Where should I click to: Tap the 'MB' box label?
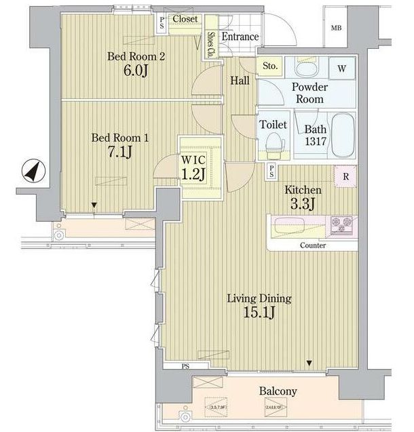click(x=335, y=28)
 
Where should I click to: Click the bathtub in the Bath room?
click(x=338, y=134)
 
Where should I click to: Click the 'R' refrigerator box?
click(x=346, y=177)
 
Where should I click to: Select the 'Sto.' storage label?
click(x=269, y=66)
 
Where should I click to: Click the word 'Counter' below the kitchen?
click(x=312, y=246)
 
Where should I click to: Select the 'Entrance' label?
click(x=240, y=37)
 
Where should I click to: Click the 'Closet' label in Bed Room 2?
click(x=185, y=20)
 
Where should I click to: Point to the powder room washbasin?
click(x=307, y=68)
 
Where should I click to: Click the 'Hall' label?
click(x=240, y=80)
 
